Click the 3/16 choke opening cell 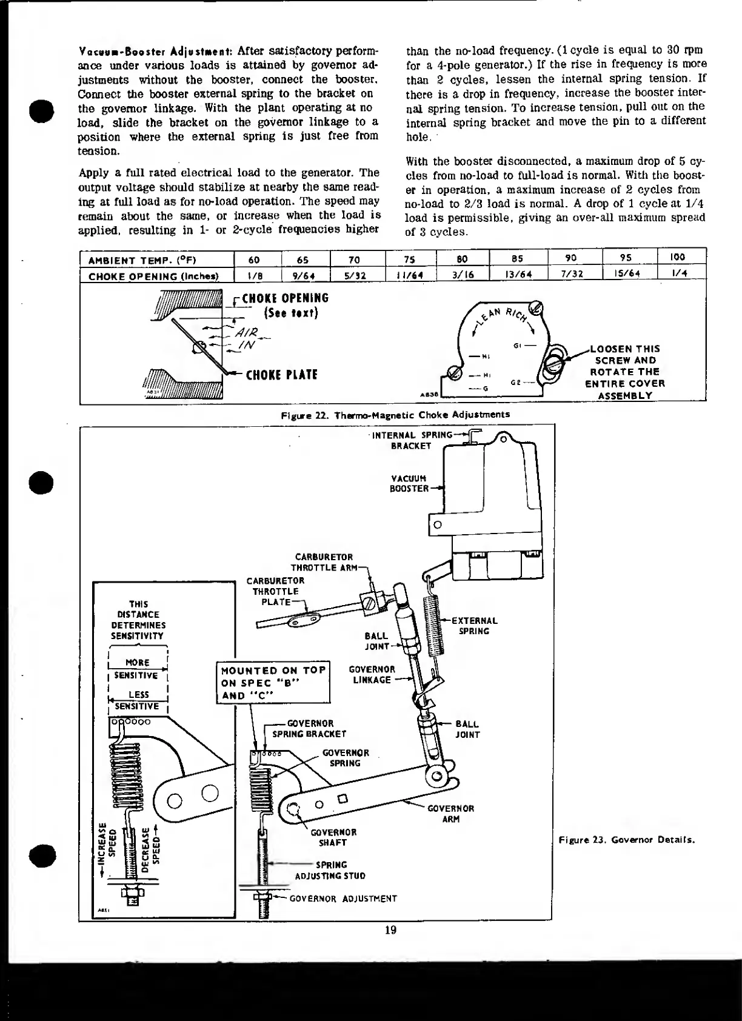(x=463, y=274)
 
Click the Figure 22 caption (x=395, y=415)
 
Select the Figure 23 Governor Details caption (x=626, y=840)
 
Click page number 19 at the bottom (x=390, y=930)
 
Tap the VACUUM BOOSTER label (x=409, y=483)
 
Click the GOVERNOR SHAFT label (x=333, y=837)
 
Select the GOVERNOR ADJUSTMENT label (x=343, y=899)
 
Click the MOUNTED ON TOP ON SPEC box (x=273, y=682)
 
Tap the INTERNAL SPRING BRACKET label (x=412, y=440)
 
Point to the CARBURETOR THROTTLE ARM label (x=323, y=562)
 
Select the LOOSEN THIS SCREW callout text (x=624, y=372)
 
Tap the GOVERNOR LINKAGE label (x=372, y=674)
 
